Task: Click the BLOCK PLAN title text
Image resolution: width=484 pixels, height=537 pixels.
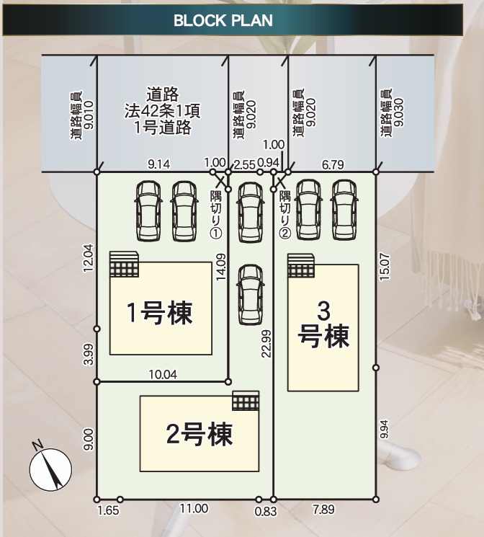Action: click(x=223, y=21)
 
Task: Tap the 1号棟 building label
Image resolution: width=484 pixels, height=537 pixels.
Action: click(x=159, y=313)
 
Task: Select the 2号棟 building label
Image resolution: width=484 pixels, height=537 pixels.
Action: click(x=200, y=434)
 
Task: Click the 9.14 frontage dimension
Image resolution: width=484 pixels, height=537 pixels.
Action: click(x=159, y=164)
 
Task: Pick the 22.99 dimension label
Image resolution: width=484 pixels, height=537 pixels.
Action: click(x=266, y=344)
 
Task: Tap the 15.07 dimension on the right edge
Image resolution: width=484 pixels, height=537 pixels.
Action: click(x=385, y=267)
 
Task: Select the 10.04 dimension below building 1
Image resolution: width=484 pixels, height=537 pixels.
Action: click(x=163, y=374)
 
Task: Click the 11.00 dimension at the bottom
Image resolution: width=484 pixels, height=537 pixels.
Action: click(x=194, y=509)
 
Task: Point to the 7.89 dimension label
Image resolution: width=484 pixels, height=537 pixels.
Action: click(x=323, y=510)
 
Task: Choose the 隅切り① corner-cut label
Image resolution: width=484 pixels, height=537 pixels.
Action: click(x=216, y=214)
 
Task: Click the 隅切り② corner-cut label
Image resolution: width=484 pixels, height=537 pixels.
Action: click(x=285, y=214)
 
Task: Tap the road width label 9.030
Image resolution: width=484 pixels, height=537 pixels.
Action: click(x=393, y=112)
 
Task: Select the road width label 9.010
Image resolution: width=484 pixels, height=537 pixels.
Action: click(x=82, y=115)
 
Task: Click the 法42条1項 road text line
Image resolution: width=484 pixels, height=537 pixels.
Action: click(x=162, y=111)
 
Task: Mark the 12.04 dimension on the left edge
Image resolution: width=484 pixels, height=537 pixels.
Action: click(x=88, y=258)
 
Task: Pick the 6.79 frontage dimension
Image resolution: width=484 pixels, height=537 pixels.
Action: click(x=333, y=165)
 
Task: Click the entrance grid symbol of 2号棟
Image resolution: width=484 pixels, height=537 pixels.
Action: click(x=246, y=401)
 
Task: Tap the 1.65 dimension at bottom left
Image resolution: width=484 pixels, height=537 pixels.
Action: click(x=108, y=510)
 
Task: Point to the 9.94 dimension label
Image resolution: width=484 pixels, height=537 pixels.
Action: click(x=385, y=430)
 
